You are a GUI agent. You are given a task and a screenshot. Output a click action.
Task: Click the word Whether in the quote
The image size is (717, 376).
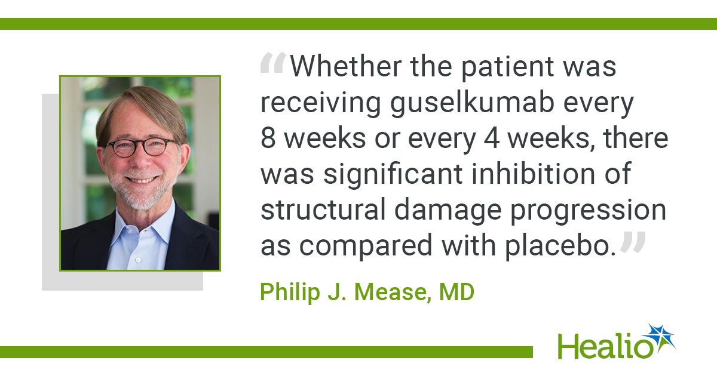[x=346, y=66]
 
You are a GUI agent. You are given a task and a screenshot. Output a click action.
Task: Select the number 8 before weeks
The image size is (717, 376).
[x=268, y=139]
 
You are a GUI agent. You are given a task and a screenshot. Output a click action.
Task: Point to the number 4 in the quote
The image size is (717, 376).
[x=491, y=139]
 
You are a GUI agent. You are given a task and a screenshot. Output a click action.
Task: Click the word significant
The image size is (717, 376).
[x=393, y=174]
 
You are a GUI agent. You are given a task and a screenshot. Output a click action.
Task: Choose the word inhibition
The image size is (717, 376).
[x=533, y=174]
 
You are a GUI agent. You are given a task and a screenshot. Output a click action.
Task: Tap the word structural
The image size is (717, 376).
[x=323, y=209]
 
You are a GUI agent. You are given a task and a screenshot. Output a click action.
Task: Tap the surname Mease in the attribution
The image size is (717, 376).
[x=393, y=292]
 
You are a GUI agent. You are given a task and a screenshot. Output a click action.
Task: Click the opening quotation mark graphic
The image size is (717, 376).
[x=273, y=63]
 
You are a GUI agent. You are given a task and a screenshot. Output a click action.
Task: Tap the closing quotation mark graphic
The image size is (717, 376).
[x=633, y=242]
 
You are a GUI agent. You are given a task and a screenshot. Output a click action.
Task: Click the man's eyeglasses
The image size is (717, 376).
[x=142, y=147]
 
